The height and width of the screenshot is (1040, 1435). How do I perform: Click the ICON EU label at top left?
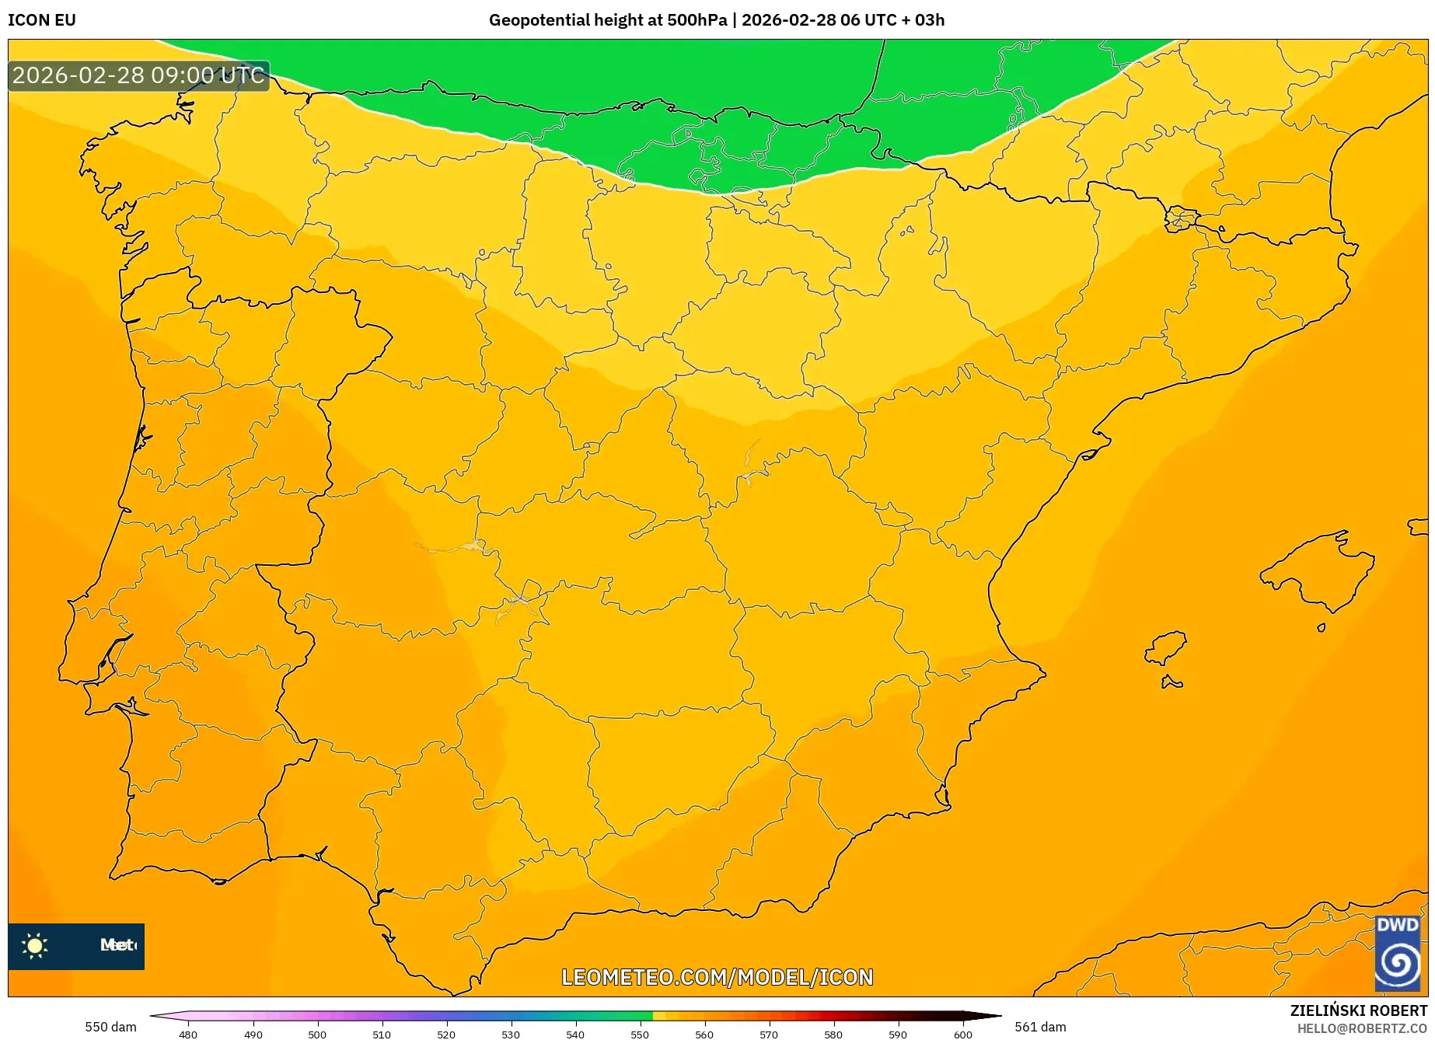pyautogui.click(x=42, y=20)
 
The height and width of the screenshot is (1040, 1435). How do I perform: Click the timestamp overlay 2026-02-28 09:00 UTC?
pyautogui.click(x=138, y=75)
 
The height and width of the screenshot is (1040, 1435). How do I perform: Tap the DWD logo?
pyautogui.click(x=1397, y=953)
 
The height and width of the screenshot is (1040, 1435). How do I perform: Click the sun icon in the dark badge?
pyautogui.click(x=35, y=946)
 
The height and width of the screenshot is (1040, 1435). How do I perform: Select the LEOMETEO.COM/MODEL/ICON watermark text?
pyautogui.click(x=717, y=977)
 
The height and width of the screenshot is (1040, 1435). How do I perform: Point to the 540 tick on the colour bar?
pyautogui.click(x=574, y=1034)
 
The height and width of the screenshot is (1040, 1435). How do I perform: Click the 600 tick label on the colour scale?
pyautogui.click(x=962, y=1034)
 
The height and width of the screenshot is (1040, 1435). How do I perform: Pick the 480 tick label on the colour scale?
pyautogui.click(x=188, y=1034)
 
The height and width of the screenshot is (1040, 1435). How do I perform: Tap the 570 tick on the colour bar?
pyautogui.click(x=768, y=1034)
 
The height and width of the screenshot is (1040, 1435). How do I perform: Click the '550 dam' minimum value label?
pyautogui.click(x=110, y=1027)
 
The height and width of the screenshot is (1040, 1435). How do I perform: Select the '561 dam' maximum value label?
pyautogui.click(x=1040, y=1027)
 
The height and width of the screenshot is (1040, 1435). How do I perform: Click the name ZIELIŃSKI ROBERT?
pyautogui.click(x=1359, y=1011)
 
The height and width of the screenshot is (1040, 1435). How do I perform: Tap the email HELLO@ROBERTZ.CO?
pyautogui.click(x=1362, y=1028)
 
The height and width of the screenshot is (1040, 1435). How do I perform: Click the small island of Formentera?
pyautogui.click(x=1171, y=683)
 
